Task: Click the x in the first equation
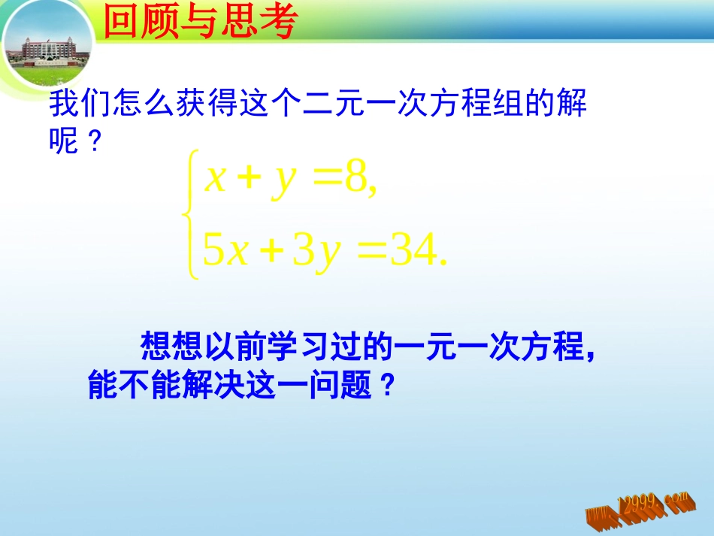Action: [216, 180]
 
